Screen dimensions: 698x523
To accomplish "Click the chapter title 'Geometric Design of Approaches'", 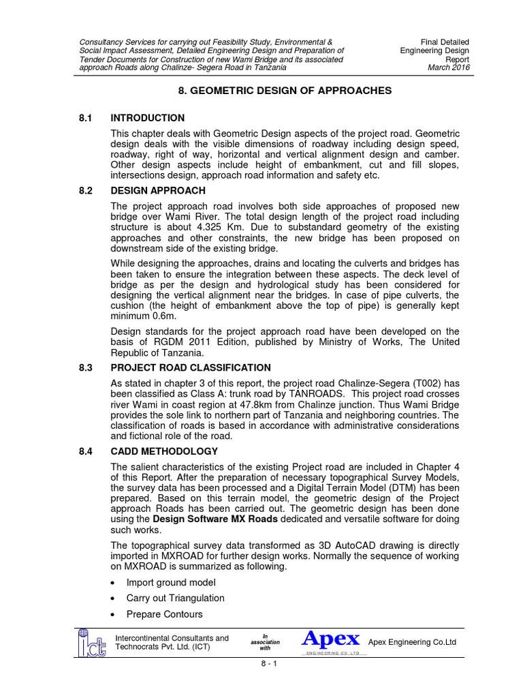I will (275, 90).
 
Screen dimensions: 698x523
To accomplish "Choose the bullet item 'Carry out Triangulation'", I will (175, 598).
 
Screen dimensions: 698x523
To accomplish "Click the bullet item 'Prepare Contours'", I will (164, 614).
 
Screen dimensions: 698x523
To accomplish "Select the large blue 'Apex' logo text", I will (331, 639).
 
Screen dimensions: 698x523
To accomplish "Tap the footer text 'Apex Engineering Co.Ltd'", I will (412, 643).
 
